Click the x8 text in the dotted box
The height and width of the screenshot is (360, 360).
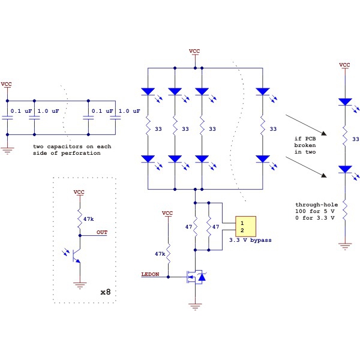[x=104, y=292]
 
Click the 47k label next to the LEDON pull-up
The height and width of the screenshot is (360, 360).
[x=160, y=254]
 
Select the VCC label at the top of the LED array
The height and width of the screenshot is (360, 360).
[x=194, y=51]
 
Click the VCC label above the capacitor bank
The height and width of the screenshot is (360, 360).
[x=7, y=84]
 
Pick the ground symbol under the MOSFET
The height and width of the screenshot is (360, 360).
[x=194, y=306]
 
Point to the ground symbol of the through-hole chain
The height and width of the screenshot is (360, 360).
[x=344, y=245]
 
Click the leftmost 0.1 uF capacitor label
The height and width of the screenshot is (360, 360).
[x=21, y=111]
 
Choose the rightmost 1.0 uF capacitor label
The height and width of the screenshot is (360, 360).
[x=129, y=111]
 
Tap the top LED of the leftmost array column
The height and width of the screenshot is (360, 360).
[x=148, y=92]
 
